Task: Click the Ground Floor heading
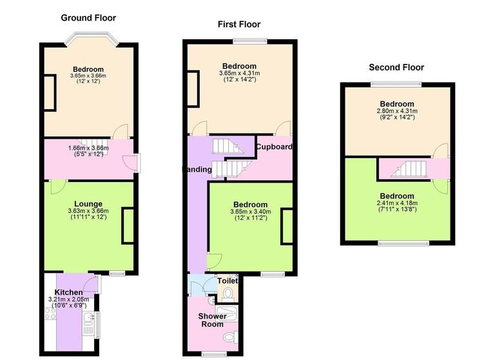[88, 17]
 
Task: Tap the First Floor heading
[238, 25]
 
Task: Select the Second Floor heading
[396, 67]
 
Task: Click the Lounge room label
[88, 203]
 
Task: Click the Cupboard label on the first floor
[274, 147]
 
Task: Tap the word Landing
[197, 170]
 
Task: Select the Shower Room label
[211, 320]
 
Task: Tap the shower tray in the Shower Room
[229, 314]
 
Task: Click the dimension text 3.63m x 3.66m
[88, 210]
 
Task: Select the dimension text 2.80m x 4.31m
[396, 111]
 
